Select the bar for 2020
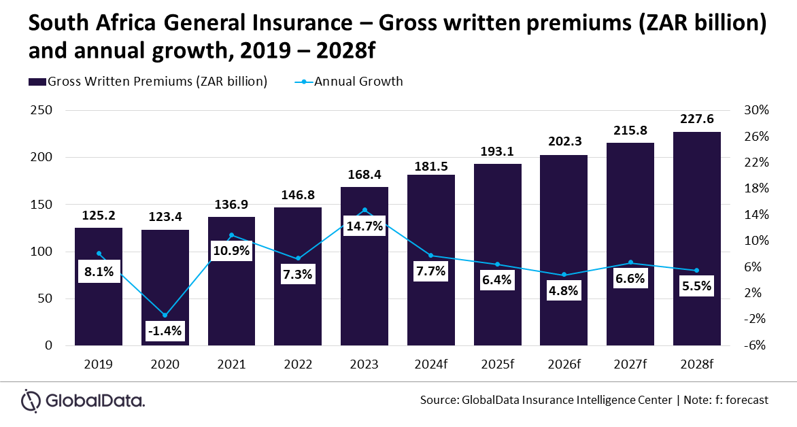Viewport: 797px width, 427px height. [165, 288]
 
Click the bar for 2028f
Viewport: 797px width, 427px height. [697, 239]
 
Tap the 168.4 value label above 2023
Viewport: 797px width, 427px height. [364, 175]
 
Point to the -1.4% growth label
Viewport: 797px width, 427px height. [165, 331]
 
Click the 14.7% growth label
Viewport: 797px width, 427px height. [364, 226]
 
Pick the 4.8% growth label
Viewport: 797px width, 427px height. [564, 291]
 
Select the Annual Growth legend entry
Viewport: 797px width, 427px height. [349, 82]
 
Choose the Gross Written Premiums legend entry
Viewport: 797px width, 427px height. [148, 82]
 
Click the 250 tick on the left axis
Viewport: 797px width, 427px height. [41, 110]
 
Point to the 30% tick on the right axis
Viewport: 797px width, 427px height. [756, 110]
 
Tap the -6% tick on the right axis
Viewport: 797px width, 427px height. [755, 345]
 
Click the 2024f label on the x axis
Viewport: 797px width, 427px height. [431, 364]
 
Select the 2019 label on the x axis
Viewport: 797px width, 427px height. [99, 364]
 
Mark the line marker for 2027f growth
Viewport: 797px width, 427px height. [630, 262]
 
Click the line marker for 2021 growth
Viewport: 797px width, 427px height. [231, 235]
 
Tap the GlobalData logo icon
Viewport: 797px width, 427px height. [31, 401]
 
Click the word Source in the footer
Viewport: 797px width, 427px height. [438, 400]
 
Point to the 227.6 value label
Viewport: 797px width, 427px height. [697, 119]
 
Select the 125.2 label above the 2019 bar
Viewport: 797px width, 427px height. [99, 216]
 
